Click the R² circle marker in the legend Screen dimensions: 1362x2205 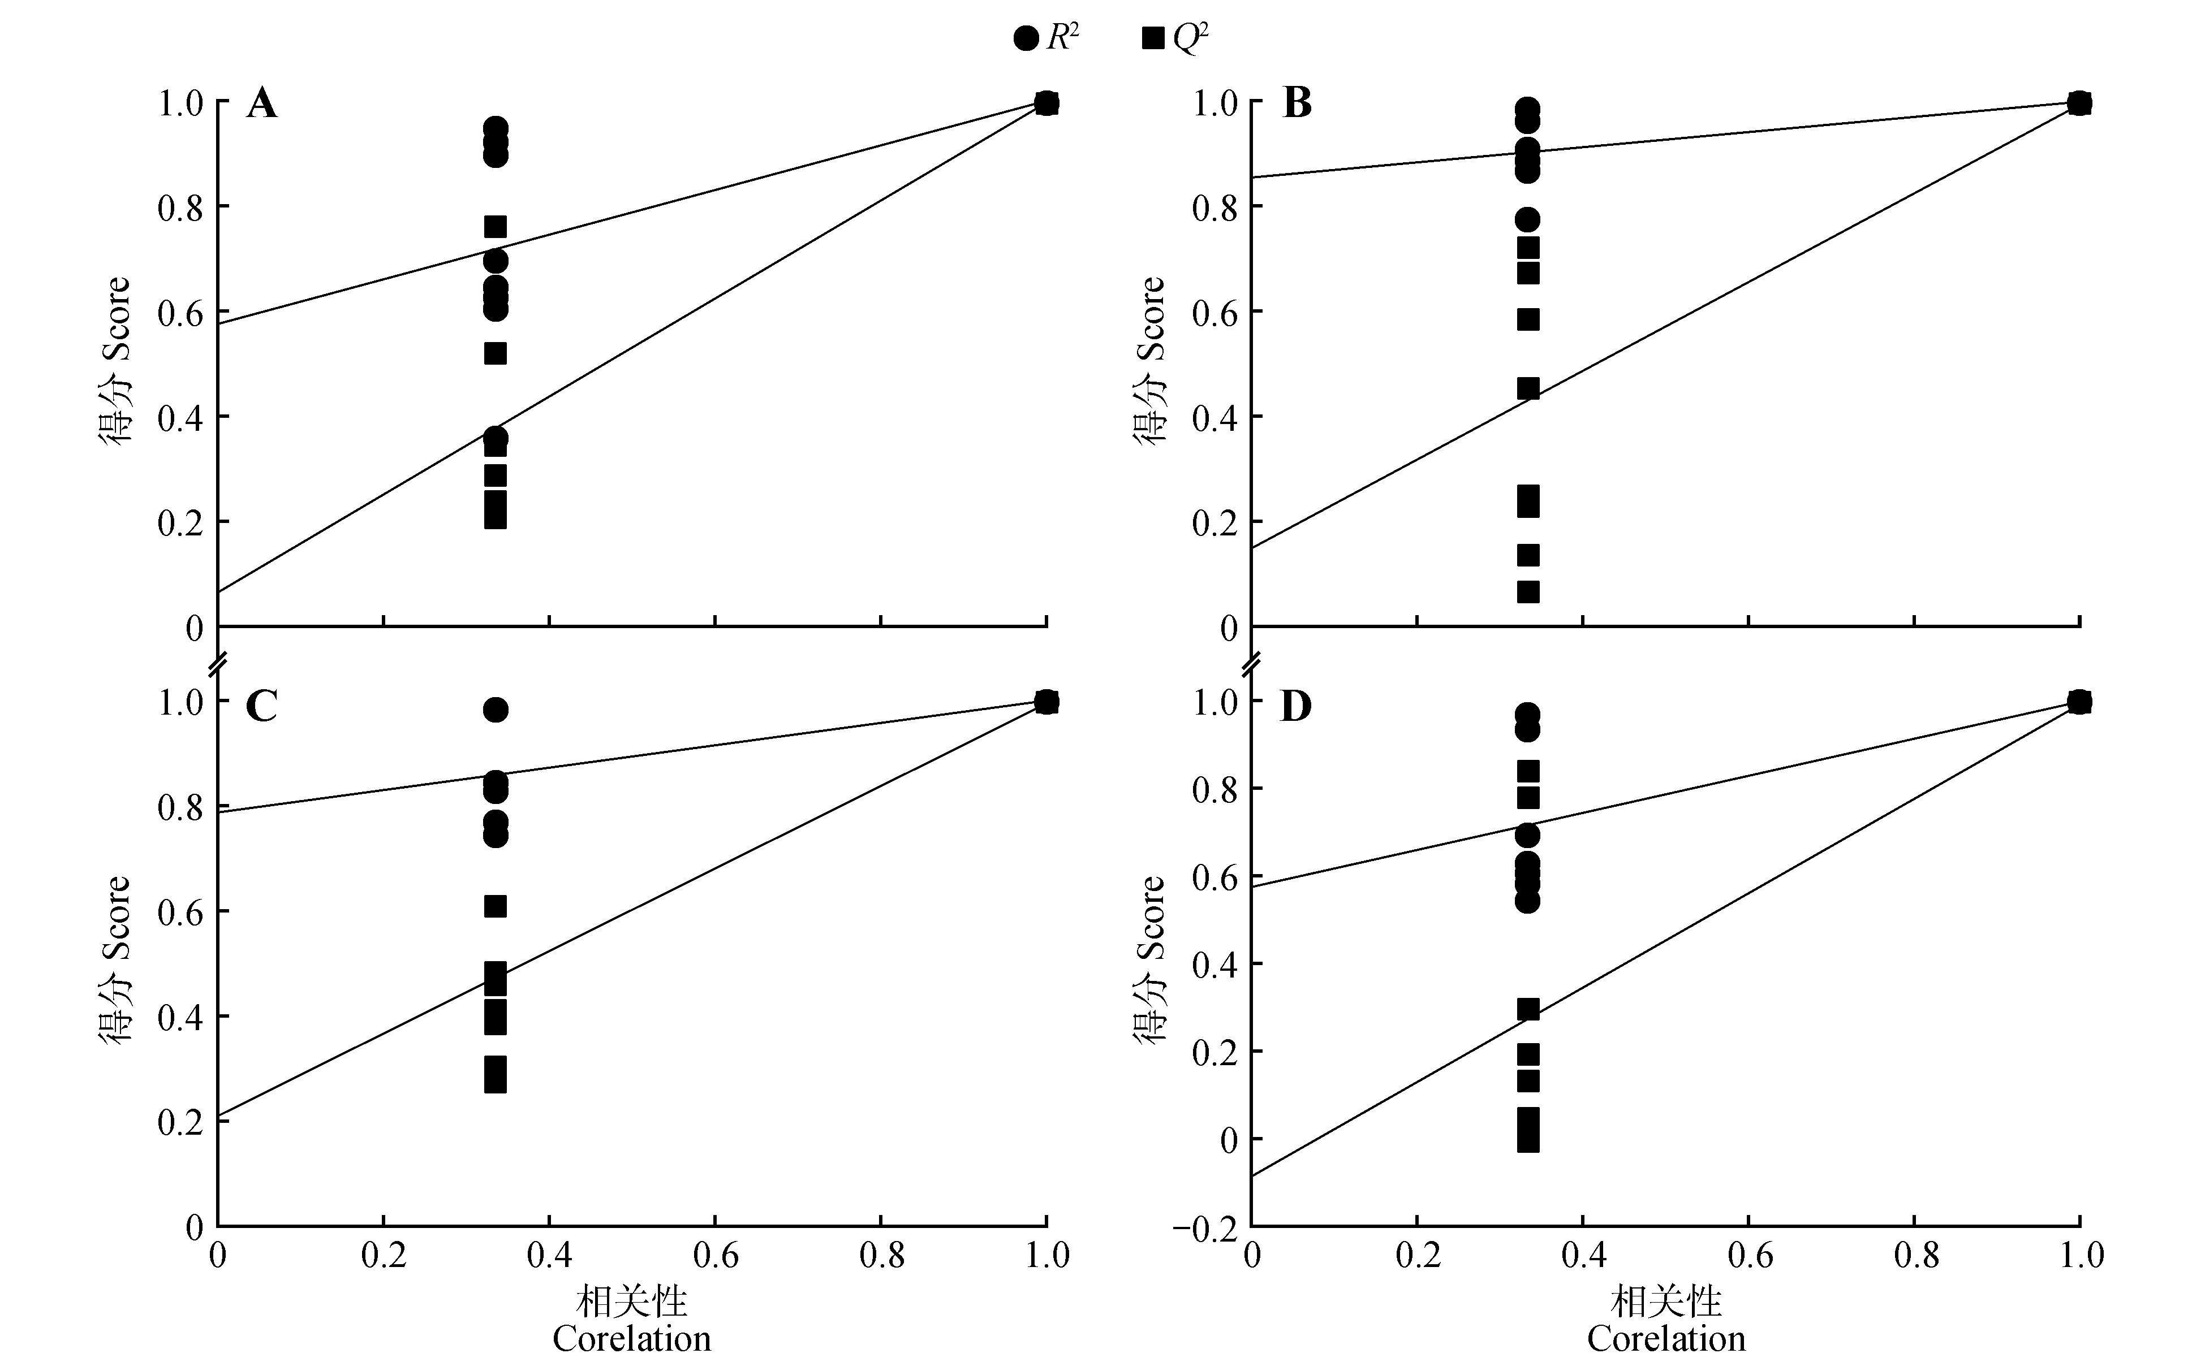(x=1026, y=39)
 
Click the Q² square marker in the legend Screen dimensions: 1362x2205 (x=1152, y=39)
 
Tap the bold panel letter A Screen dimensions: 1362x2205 (x=261, y=105)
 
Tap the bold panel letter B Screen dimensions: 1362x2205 (x=1296, y=105)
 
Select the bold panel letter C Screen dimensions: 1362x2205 (x=261, y=707)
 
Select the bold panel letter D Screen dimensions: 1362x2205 (x=1296, y=707)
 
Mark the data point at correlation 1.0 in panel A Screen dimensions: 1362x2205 (x=1046, y=103)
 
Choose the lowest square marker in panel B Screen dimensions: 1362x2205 (x=1528, y=592)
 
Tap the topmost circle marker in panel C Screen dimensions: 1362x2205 (x=495, y=710)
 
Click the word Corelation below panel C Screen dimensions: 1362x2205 (x=632, y=1339)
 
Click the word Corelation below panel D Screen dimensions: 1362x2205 (x=1666, y=1339)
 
